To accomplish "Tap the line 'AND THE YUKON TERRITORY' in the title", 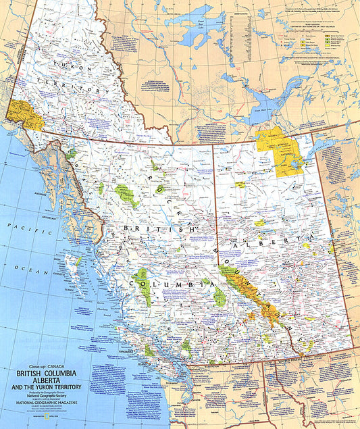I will [x=48, y=387].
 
